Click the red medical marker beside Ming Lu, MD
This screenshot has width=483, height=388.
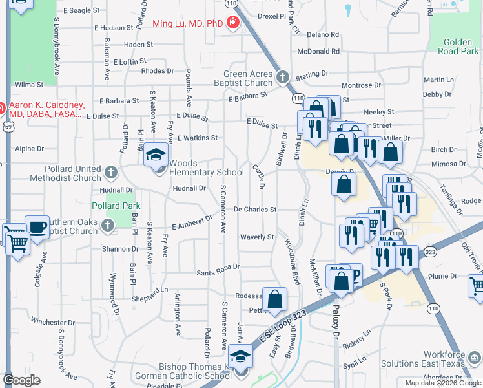[x=232, y=24]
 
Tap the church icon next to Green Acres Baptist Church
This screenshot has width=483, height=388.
[x=282, y=78]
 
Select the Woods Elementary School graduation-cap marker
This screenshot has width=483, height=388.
[x=156, y=156]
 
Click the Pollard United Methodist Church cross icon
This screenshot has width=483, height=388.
[x=111, y=173]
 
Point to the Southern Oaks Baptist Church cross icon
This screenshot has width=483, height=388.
[x=107, y=224]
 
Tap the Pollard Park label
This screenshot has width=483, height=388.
[x=116, y=206]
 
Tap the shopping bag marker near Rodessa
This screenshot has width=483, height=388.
[x=274, y=299]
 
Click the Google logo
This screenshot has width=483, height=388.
[x=21, y=380]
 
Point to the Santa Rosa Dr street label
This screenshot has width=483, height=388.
[x=218, y=266]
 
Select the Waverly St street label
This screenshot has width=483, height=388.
[x=258, y=237]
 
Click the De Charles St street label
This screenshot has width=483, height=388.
[x=255, y=210]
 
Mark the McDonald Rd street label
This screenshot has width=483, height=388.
[x=318, y=52]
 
